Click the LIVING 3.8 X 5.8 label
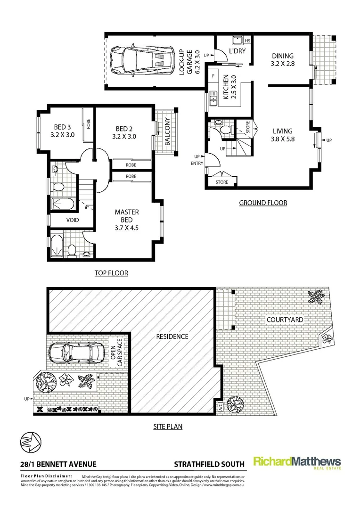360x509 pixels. click(282, 135)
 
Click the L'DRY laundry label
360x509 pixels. click(237, 50)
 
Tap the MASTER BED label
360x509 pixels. click(127, 220)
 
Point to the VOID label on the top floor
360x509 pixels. click(72, 220)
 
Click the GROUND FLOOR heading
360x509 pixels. click(263, 203)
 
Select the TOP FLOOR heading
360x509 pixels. click(111, 273)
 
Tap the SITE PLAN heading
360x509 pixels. click(168, 427)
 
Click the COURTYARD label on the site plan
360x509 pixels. click(284, 320)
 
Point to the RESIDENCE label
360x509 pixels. click(172, 337)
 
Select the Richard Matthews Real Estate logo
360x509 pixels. click(297, 463)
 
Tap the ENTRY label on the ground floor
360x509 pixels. click(197, 164)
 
